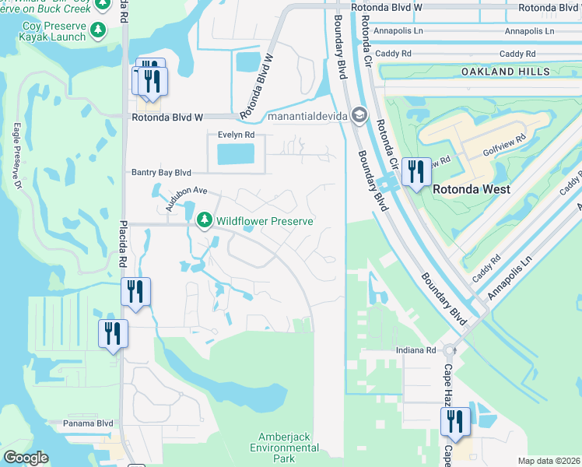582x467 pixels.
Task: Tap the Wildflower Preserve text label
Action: pos(265,222)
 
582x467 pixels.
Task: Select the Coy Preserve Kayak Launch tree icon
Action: pos(98,30)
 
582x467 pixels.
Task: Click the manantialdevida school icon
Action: pos(359,116)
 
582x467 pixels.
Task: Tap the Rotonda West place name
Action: pos(472,189)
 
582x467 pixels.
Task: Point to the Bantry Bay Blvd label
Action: pos(161,172)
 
